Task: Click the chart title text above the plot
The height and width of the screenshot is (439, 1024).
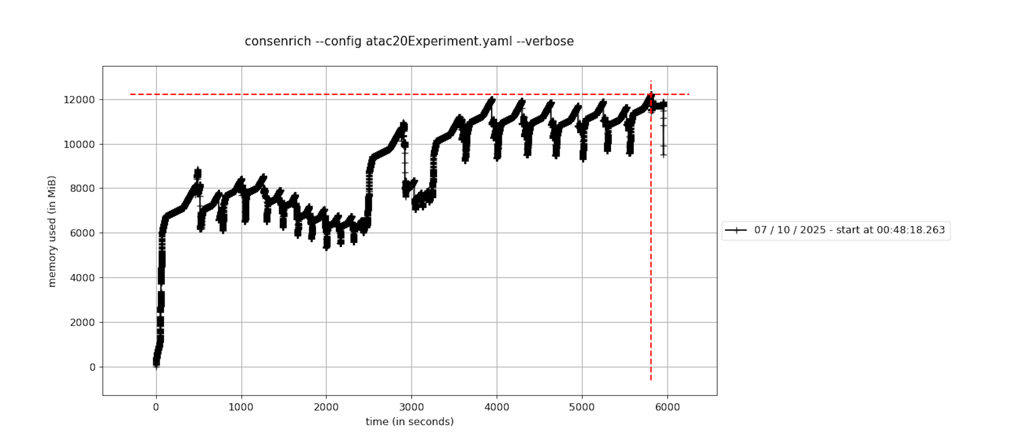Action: pos(409,41)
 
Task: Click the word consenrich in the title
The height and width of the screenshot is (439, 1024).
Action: pos(277,41)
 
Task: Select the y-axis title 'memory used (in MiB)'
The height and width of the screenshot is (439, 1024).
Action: pos(52,231)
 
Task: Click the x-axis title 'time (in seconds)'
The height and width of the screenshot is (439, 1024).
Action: pos(410,421)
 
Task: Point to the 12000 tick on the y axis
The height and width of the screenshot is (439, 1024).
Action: pos(79,100)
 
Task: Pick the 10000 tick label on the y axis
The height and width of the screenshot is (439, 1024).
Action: pos(79,144)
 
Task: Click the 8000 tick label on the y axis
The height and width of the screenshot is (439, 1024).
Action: pos(82,189)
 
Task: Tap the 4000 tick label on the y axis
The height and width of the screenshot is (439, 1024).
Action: pos(82,278)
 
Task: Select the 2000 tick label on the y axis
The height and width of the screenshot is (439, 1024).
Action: pos(82,322)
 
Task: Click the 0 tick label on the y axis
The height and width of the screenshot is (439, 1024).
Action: pos(92,367)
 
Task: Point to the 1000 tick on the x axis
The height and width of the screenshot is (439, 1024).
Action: pos(241,407)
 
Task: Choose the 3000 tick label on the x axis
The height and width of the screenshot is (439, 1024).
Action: pos(412,407)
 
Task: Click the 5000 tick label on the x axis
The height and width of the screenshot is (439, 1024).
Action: pos(582,407)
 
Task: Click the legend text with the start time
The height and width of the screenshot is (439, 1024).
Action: pos(849,230)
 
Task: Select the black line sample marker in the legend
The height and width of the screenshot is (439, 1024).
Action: pos(736,230)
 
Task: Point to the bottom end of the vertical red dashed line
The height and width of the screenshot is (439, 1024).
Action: pos(651,380)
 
